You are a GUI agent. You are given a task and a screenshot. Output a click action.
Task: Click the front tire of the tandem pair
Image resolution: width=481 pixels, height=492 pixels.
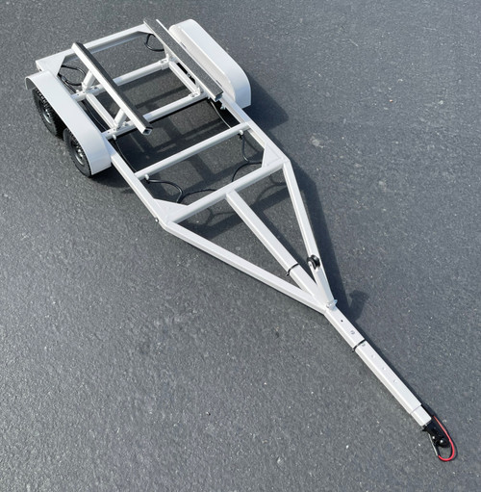(79, 151)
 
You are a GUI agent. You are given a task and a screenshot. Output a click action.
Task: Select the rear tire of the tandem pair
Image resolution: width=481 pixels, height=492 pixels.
(46, 110)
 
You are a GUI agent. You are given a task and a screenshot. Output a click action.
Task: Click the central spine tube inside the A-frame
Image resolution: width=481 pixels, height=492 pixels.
(265, 236)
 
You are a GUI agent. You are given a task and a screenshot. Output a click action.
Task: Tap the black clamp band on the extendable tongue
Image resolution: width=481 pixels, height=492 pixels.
(358, 343)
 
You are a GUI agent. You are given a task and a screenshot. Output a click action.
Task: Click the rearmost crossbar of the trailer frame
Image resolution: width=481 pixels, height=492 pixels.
(115, 39)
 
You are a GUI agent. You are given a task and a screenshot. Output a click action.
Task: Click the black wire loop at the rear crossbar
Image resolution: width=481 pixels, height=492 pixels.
(154, 42)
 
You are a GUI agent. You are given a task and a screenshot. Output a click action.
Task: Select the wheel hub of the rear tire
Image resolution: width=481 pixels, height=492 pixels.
(43, 111)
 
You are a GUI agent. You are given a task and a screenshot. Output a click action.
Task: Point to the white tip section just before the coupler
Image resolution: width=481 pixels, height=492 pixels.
(420, 414)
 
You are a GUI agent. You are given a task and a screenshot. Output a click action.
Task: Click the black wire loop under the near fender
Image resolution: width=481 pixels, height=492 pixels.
(72, 75)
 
